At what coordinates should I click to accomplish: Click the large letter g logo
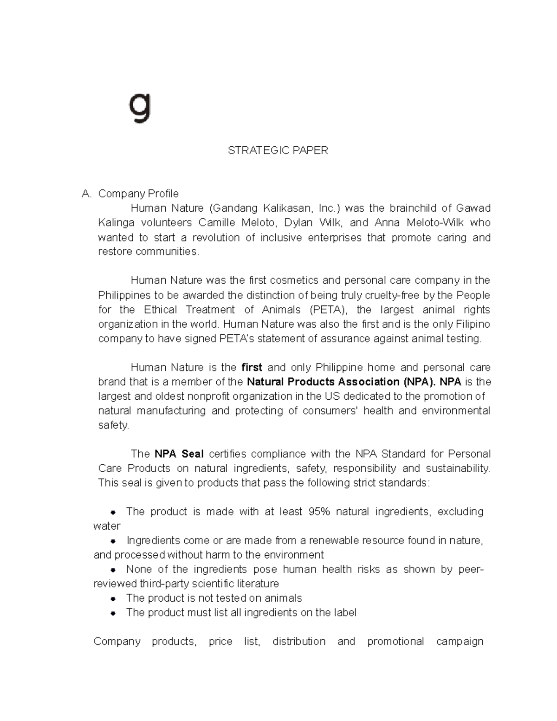140,108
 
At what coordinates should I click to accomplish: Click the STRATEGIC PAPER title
278,150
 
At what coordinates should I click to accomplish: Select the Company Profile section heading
138,194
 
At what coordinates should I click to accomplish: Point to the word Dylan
300,223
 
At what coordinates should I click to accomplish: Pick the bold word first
252,368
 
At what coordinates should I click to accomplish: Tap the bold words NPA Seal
179,454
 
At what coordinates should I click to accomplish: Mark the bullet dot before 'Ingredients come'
113,541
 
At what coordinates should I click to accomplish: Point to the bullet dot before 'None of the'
113,570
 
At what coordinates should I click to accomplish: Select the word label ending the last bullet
345,613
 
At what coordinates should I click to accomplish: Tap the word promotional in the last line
395,642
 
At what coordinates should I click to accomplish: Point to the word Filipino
473,324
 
